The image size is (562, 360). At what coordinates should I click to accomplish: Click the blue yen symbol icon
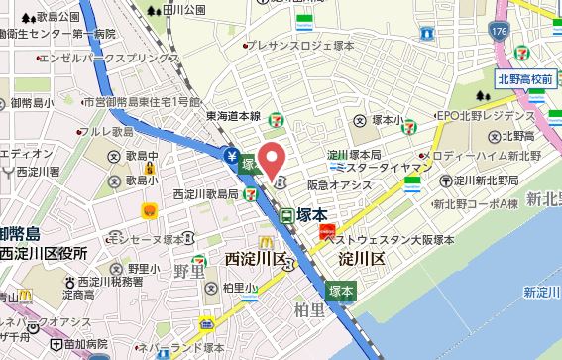tap(230, 155)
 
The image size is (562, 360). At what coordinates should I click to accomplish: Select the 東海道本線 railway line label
tap(234, 115)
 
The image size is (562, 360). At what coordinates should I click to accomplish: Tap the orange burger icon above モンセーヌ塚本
tap(150, 210)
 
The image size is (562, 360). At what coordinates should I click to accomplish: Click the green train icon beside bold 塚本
tap(285, 214)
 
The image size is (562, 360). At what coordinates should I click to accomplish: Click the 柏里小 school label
tap(239, 288)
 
